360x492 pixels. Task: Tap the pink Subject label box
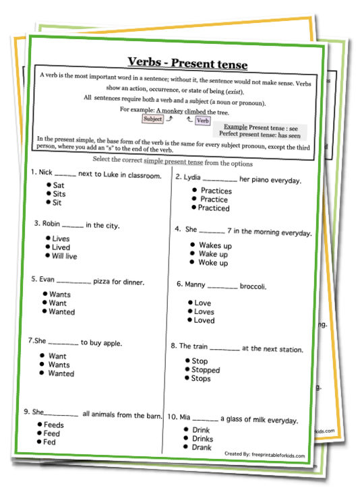[x=153, y=119]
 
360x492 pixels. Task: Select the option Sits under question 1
[x=59, y=193]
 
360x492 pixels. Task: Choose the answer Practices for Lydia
[x=216, y=191]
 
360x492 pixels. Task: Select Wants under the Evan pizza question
[x=59, y=295]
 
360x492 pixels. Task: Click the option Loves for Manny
[x=204, y=312]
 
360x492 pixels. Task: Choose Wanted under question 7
[x=61, y=373]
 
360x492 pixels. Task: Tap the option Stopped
[x=206, y=370]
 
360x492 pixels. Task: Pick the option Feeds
[x=55, y=425]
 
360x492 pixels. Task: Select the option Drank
[x=202, y=447]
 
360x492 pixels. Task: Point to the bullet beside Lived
[x=47, y=247]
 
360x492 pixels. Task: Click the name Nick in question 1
[x=47, y=173]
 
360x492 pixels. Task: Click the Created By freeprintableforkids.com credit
[x=264, y=456]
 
